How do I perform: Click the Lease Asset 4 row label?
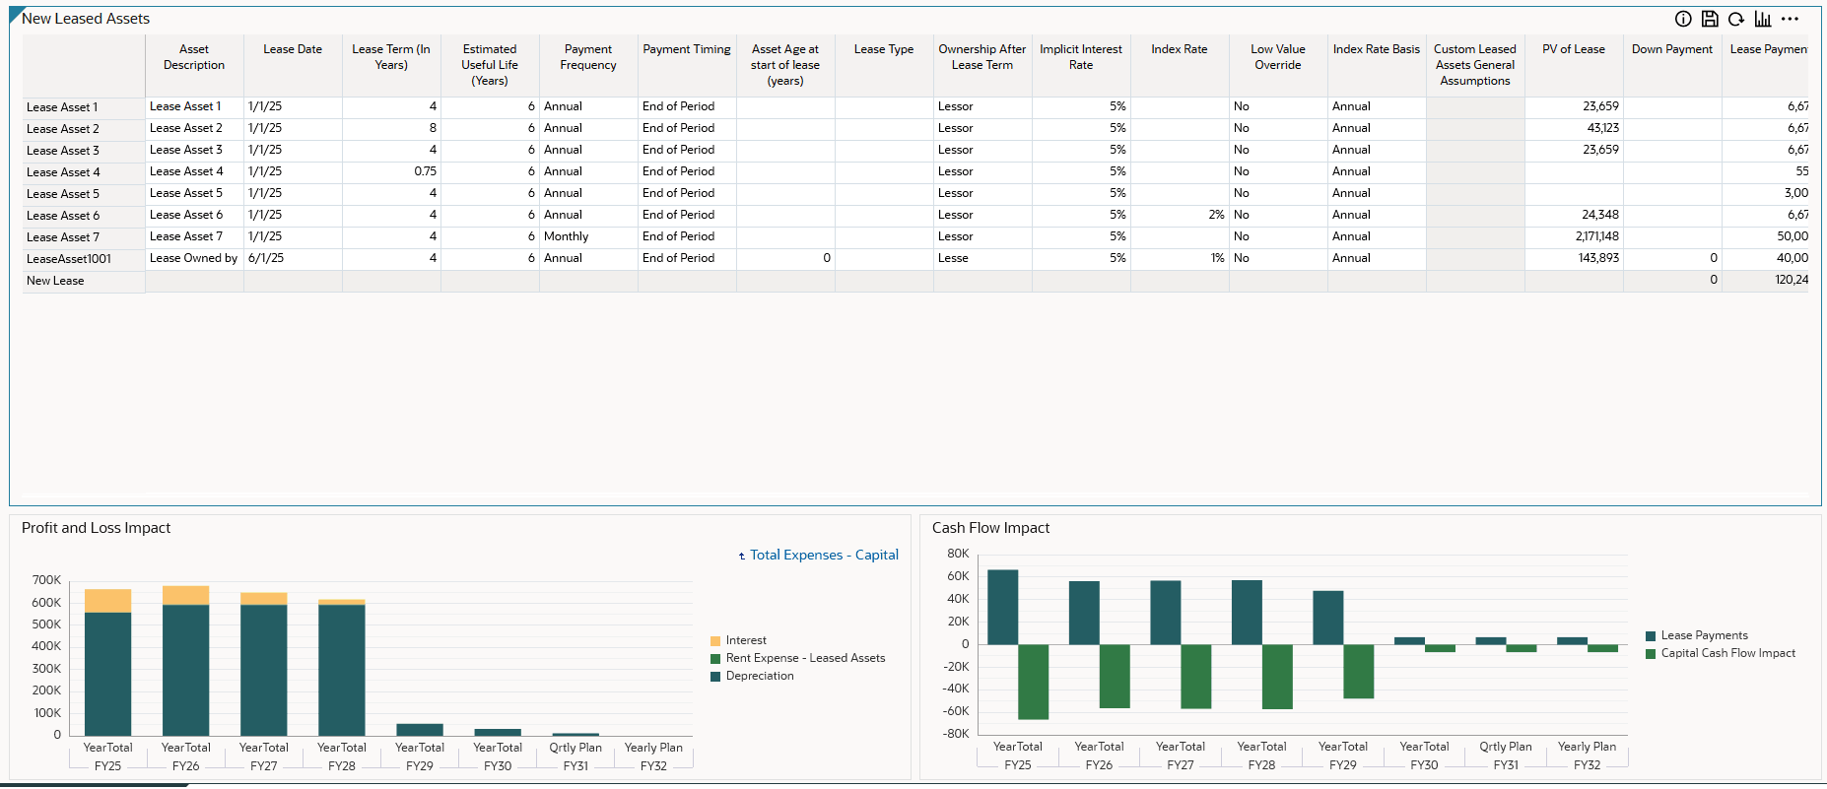click(x=63, y=172)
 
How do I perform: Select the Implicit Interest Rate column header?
click(x=1080, y=57)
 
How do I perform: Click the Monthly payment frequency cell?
click(x=567, y=236)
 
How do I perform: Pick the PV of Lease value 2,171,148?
click(x=1596, y=236)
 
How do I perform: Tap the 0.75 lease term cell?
click(x=425, y=171)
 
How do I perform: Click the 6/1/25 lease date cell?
click(x=266, y=258)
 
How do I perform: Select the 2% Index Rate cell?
click(x=1216, y=215)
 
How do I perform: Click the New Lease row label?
click(x=55, y=281)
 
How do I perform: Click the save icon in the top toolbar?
click(x=1710, y=19)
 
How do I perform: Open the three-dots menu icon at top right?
click(x=1790, y=19)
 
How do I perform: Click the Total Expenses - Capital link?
click(x=824, y=556)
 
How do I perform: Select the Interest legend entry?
click(x=745, y=640)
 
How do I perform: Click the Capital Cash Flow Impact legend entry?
click(x=1727, y=653)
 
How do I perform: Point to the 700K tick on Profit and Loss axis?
click(x=46, y=580)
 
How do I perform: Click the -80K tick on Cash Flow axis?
click(x=956, y=734)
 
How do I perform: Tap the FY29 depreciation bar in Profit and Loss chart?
click(x=420, y=730)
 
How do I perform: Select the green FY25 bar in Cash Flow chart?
click(x=1033, y=682)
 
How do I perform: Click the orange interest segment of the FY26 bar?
click(x=185, y=595)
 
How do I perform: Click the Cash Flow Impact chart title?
click(x=990, y=528)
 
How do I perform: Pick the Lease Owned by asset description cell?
click(x=193, y=258)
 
